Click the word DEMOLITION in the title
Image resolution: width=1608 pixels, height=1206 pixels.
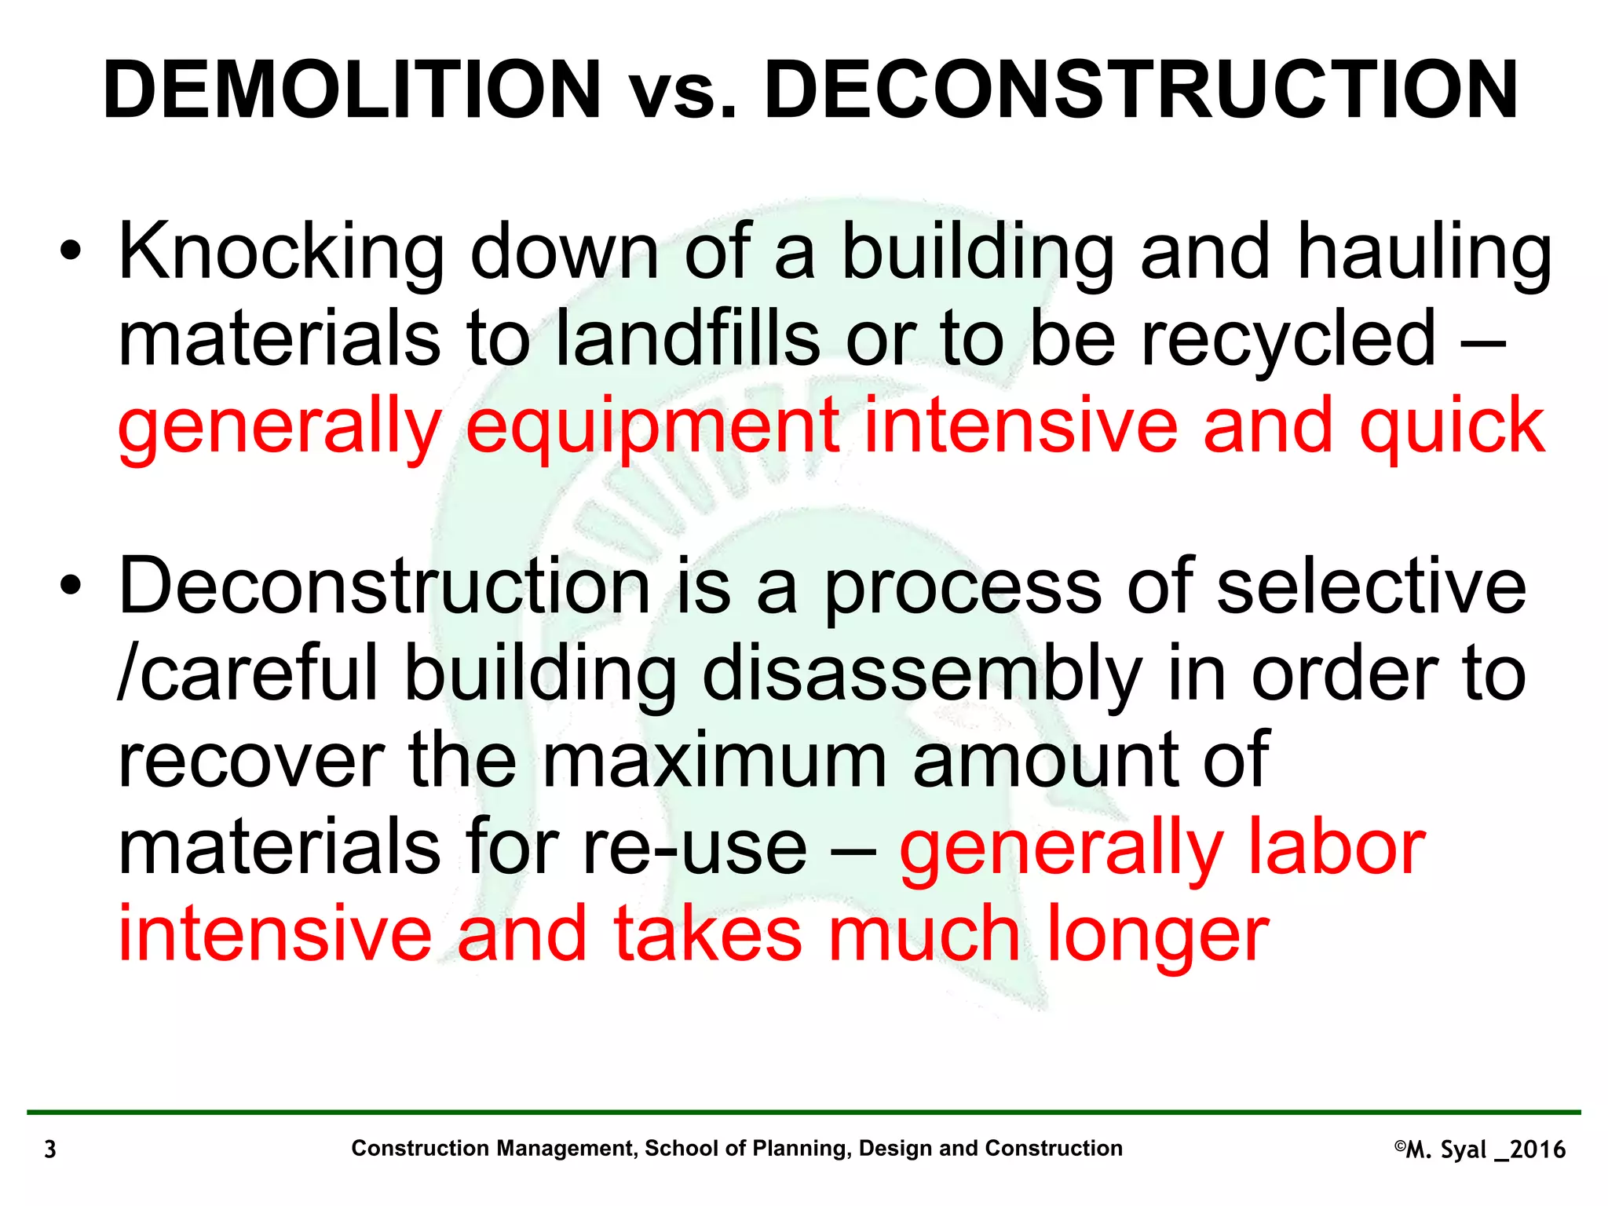(x=352, y=90)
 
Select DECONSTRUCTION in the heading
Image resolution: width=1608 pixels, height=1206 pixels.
(x=1141, y=90)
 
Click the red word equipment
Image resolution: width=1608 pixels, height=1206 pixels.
(x=652, y=428)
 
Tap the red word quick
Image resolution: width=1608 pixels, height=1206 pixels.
(x=1452, y=428)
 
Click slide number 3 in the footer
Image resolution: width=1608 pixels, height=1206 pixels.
(x=50, y=1149)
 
